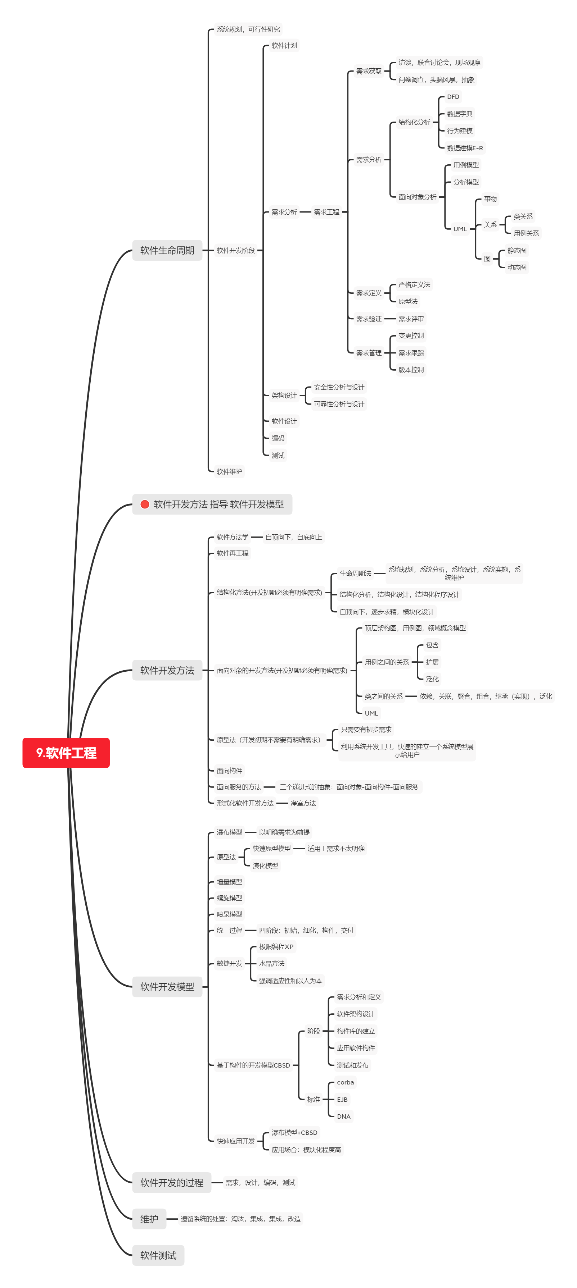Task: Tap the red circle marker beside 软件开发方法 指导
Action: click(x=145, y=504)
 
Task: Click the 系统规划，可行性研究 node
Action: click(x=248, y=29)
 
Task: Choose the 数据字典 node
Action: click(x=459, y=114)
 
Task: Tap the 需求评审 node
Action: click(x=411, y=319)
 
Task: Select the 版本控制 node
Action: click(x=411, y=370)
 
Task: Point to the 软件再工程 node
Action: click(x=232, y=553)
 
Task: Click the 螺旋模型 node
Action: click(x=229, y=898)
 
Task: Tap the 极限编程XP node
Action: click(x=276, y=946)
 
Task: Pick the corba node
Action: click(x=345, y=1082)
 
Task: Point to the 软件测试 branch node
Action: click(x=158, y=1255)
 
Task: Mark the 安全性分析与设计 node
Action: click(x=339, y=387)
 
